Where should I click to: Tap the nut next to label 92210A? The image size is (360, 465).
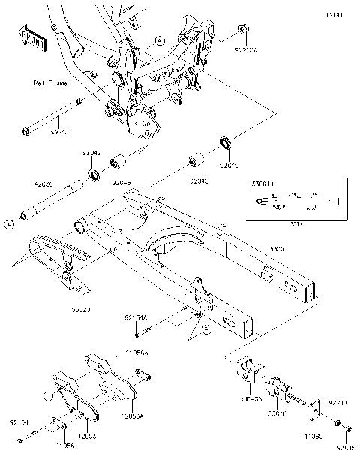243,29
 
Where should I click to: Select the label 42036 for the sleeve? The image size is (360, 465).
43,184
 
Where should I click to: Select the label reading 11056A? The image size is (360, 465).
137,351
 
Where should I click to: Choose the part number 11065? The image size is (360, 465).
313,434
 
